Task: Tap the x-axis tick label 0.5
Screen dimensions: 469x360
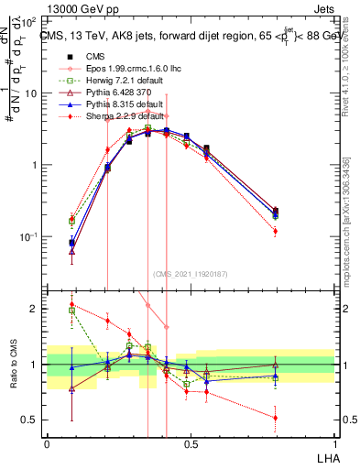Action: pos(191,443)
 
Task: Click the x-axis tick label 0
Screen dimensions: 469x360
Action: pos(47,443)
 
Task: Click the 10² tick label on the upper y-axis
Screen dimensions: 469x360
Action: pos(29,21)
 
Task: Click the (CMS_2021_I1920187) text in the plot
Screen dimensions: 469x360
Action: pos(191,273)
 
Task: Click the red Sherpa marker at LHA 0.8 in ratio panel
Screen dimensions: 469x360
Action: pos(276,418)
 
